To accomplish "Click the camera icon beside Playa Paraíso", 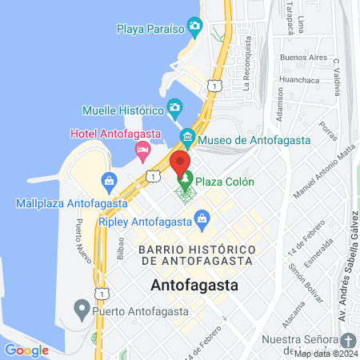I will click(x=194, y=28).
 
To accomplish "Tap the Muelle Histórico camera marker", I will click(x=174, y=108).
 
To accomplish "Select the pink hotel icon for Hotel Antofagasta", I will click(x=143, y=149).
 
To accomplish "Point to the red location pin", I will click(x=179, y=162).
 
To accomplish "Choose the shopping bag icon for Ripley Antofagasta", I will click(x=202, y=218).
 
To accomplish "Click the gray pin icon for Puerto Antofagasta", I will click(x=81, y=308).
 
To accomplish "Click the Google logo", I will click(x=26, y=350).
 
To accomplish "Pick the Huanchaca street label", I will click(x=299, y=80).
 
